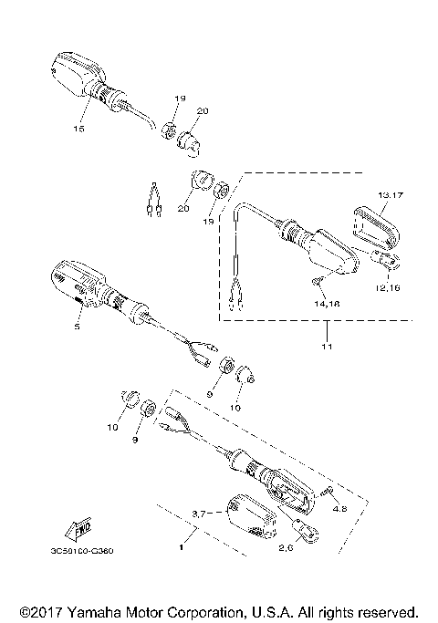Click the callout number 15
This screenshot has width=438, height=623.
tap(78, 129)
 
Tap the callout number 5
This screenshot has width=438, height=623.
tap(78, 327)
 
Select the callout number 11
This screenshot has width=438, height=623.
tap(327, 347)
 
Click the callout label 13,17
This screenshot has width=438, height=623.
tap(391, 195)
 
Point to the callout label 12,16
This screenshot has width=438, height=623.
tap(387, 287)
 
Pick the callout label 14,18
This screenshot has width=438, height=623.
tap(327, 304)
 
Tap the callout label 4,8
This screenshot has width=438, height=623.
tap(339, 508)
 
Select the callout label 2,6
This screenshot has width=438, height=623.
tap(286, 547)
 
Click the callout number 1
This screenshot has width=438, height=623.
tap(182, 547)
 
